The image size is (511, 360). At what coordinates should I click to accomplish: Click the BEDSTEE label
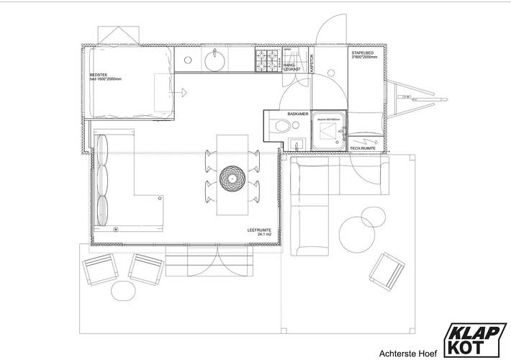pyautogui.click(x=99, y=76)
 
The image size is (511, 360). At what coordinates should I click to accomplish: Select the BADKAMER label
pyautogui.click(x=297, y=114)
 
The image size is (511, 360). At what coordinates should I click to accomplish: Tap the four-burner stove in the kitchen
pyautogui.click(x=268, y=60)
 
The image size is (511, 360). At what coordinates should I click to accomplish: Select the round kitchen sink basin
pyautogui.click(x=214, y=60)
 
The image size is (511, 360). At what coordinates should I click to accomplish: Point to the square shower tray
pyautogui.click(x=328, y=130)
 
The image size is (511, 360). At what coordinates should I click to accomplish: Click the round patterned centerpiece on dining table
pyautogui.click(x=233, y=176)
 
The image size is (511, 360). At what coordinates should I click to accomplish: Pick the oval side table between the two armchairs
pyautogui.click(x=124, y=289)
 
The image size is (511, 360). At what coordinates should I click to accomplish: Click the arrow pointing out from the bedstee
pyautogui.click(x=184, y=92)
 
